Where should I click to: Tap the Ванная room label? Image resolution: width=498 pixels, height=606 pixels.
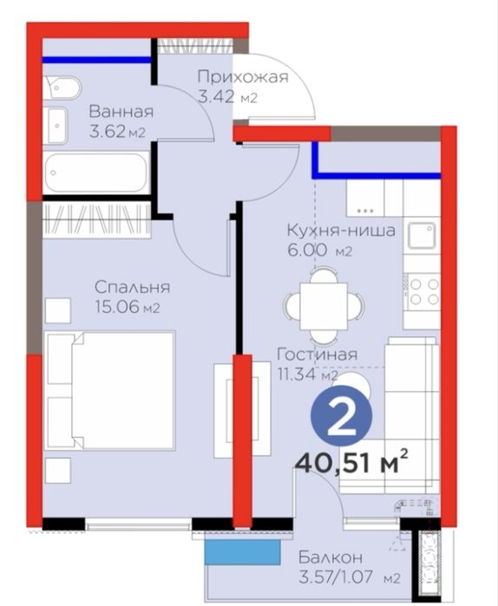coord(121,112)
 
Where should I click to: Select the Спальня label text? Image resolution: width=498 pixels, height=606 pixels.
coord(133,287)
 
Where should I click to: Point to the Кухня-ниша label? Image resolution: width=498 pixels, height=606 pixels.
coord(342,231)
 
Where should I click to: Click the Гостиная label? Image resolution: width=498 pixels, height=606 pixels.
coord(317,355)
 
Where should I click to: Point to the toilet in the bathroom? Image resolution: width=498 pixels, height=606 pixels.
coord(62,88)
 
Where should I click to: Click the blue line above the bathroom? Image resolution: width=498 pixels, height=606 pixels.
coord(96,60)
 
